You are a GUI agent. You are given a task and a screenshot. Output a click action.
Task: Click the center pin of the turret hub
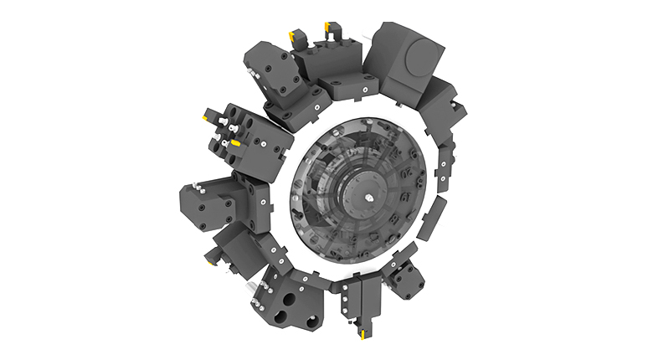(369, 196)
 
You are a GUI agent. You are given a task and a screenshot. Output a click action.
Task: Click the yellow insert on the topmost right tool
(331, 28)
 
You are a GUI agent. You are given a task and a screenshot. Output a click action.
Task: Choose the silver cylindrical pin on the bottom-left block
(251, 291)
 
